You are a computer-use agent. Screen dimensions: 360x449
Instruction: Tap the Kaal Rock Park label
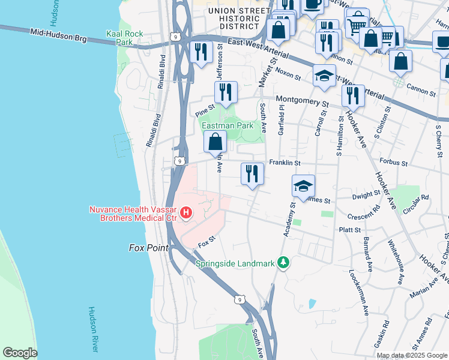tap(124, 38)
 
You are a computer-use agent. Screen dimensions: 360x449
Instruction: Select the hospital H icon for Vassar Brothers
tap(186, 213)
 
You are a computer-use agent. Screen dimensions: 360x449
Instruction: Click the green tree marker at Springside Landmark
tap(285, 263)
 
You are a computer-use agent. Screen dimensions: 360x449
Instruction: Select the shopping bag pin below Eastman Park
tap(215, 142)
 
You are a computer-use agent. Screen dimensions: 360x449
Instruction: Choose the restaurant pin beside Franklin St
tap(252, 173)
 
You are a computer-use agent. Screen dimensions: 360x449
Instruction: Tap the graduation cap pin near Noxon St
tap(324, 76)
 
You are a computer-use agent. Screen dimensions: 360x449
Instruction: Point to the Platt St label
tap(349, 230)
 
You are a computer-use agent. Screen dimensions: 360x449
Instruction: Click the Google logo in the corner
tap(19, 353)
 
